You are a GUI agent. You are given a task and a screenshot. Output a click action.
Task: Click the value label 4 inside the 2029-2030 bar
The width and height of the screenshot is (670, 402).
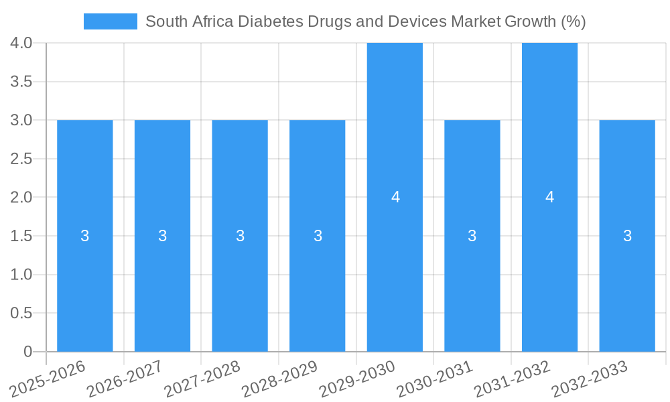395,197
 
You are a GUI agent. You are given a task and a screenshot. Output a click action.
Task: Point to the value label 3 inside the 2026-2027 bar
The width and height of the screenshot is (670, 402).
162,236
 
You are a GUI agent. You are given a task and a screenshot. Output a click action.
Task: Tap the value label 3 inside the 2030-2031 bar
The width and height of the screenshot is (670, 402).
472,236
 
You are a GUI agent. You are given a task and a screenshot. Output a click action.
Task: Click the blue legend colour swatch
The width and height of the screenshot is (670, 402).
110,21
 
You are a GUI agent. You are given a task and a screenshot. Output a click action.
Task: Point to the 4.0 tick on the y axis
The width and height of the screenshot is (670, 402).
22,43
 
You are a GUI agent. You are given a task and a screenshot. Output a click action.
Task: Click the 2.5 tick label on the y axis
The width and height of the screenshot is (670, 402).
22,159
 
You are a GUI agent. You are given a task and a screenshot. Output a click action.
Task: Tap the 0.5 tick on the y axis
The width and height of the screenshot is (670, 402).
22,313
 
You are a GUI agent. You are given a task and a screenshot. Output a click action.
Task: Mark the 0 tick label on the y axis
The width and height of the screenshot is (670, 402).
27,352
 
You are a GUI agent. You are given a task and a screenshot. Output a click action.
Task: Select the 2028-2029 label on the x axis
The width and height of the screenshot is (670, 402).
280,379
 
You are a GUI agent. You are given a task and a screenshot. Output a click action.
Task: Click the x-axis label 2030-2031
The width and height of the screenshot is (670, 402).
435,379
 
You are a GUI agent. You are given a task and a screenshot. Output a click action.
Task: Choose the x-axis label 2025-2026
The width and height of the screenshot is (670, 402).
48,379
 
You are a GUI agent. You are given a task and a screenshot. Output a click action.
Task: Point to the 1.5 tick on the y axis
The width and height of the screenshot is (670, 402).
22,236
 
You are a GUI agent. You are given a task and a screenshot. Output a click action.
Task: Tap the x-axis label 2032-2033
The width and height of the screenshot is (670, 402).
590,379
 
